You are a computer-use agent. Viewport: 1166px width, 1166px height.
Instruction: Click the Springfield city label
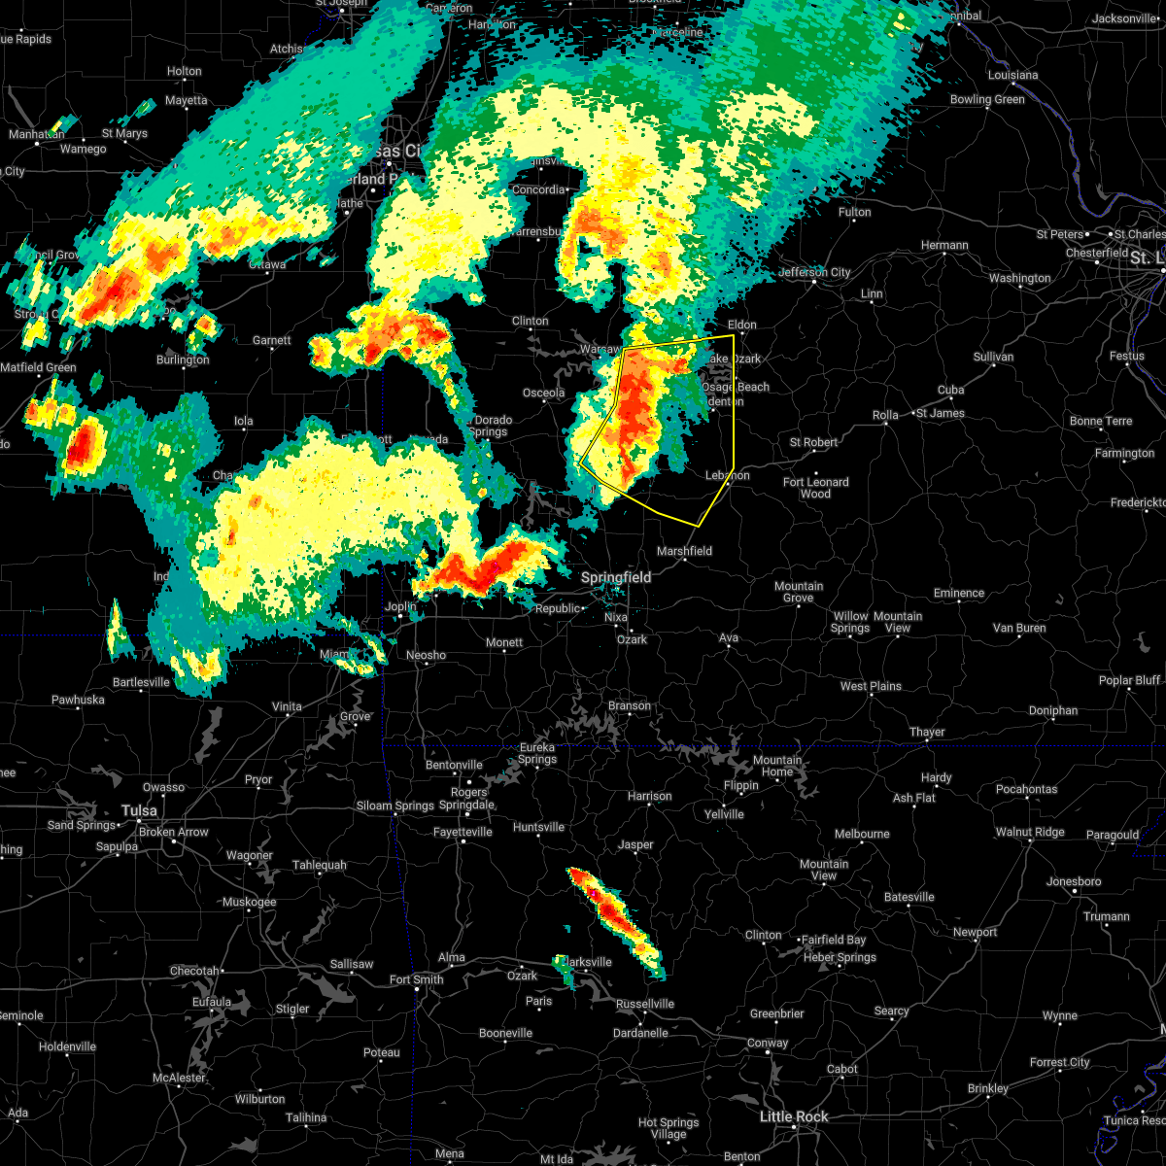point(616,577)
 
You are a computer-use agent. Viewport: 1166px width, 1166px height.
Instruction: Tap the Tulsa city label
point(139,810)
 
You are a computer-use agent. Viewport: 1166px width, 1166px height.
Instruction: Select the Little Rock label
point(794,1116)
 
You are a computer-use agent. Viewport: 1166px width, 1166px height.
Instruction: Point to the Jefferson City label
point(814,273)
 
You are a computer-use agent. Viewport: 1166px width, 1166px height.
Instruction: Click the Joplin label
point(400,606)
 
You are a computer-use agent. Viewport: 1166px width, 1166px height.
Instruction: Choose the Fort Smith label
point(416,979)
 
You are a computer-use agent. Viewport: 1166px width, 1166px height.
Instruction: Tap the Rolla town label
point(885,415)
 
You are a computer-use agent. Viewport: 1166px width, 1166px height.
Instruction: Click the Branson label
point(630,705)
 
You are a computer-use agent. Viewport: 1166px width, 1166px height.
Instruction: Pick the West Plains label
point(871,686)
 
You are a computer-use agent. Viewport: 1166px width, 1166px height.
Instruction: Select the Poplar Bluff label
point(1129,680)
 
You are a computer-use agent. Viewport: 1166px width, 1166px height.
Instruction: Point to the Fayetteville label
point(463,832)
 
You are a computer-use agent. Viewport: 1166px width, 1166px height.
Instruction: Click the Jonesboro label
point(1074,881)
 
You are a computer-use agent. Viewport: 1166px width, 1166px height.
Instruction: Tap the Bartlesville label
point(141,682)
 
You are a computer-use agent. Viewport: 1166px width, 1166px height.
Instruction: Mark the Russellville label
point(643,1004)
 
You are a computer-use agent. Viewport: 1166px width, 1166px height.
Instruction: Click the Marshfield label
point(684,551)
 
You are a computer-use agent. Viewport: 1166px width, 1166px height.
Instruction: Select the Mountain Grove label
point(799,592)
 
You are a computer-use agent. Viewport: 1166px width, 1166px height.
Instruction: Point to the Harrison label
point(649,796)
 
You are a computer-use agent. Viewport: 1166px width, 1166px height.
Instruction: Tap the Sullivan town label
point(993,358)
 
